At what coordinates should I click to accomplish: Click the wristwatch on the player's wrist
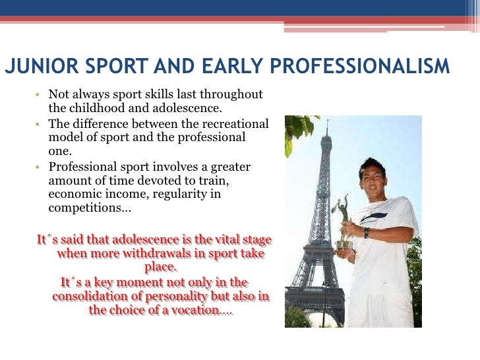[367, 232]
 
